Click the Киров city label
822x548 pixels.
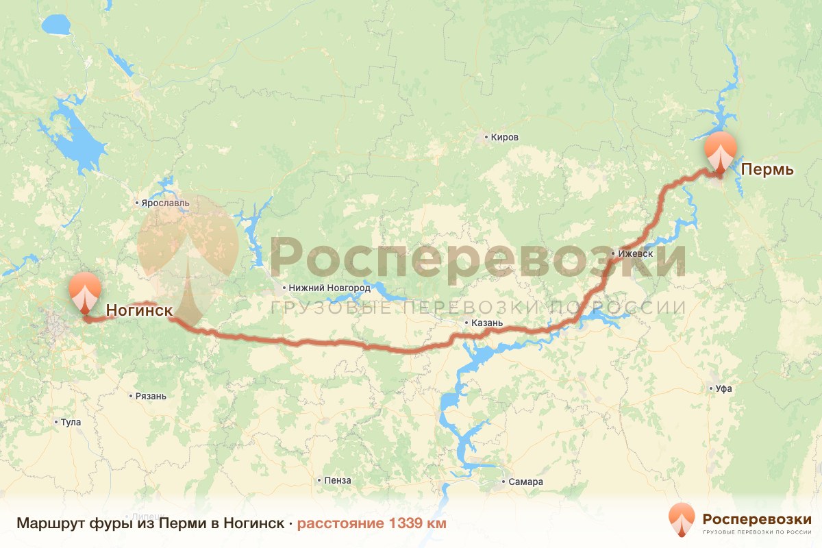505,137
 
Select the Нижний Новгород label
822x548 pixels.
330,288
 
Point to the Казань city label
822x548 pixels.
488,323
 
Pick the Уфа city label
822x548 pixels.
723,388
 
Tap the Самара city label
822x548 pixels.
526,482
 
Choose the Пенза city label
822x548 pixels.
338,481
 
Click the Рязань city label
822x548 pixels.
151,396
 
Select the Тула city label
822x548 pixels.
71,423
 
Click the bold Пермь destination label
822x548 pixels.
767,169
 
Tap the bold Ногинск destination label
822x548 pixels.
139,311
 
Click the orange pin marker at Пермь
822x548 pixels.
720,151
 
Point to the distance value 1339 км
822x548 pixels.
418,524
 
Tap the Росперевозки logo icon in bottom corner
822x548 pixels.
681,519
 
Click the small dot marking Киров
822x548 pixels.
486,137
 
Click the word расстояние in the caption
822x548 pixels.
340,524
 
